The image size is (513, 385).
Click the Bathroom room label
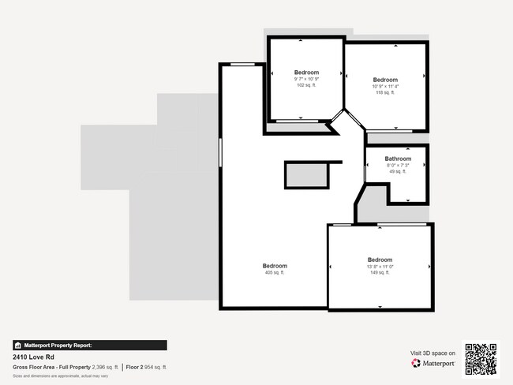tap(398, 159)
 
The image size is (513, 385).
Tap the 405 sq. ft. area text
tap(274, 273)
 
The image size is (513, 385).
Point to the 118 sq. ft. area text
tap(385, 92)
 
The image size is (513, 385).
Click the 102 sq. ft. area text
tap(305, 85)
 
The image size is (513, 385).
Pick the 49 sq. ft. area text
tap(398, 171)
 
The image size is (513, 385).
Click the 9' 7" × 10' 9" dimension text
tap(306, 79)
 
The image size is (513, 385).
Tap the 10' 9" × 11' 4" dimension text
tap(385, 86)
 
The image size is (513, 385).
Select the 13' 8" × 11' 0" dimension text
tap(380, 267)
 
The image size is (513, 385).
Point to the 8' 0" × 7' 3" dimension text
tap(398, 165)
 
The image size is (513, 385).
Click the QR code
tap(481, 358)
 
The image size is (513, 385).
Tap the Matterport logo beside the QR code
tap(433, 364)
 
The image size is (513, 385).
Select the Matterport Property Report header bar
tap(89, 345)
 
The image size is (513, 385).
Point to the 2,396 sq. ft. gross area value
tap(105, 368)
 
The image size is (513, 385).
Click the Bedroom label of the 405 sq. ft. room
tap(274, 266)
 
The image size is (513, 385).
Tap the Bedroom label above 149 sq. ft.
tap(380, 260)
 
